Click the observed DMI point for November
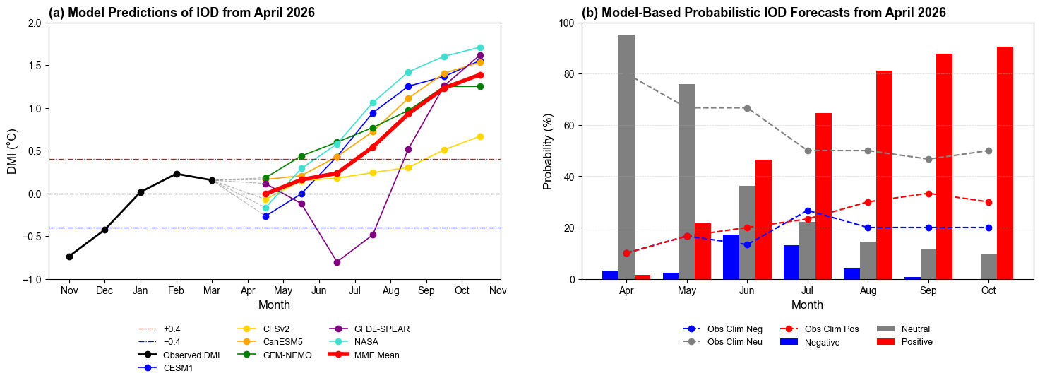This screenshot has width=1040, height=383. coord(69,257)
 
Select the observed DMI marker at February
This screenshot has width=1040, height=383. coord(177,174)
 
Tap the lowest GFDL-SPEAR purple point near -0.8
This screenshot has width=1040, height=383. coord(337,262)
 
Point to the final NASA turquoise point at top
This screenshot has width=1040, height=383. coord(480,47)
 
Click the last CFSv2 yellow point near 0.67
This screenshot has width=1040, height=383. coord(480,136)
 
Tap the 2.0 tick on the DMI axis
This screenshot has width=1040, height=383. coord(35,23)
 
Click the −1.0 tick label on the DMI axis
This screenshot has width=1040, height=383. coord(33,279)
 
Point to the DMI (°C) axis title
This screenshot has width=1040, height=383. coord(12,151)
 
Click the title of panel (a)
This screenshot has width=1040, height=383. coord(181,13)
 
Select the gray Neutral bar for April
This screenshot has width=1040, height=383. coord(626,157)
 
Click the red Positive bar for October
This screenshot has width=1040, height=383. coord(1005,163)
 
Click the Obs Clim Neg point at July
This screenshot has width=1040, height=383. coord(808,211)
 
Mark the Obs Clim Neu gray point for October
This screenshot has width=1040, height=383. coord(988,151)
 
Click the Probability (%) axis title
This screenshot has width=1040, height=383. coord(548,151)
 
